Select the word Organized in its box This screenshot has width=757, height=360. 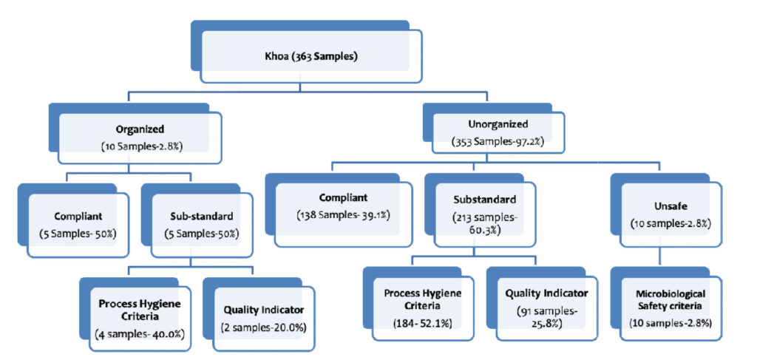(140, 129)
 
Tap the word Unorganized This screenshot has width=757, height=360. (498, 125)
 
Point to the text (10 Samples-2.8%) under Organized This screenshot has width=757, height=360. (141, 146)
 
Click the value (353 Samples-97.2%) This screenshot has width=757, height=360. (498, 143)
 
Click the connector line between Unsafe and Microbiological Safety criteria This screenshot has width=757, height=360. (659, 261)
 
